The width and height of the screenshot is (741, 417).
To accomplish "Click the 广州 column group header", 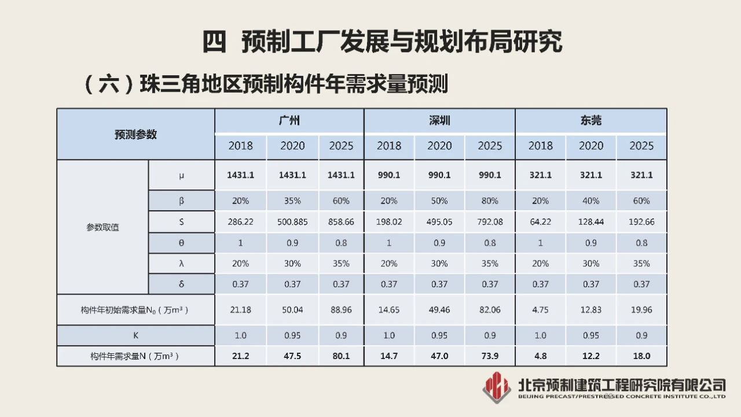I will coord(289,120).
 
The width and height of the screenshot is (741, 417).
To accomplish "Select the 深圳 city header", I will coord(439,120).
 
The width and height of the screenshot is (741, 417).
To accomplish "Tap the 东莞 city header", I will coord(590,120).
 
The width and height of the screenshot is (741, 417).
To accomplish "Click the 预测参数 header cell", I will coord(135,134).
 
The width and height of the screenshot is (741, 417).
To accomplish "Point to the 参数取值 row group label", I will coord(102,227).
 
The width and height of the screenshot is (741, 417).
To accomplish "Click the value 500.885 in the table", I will coord(292,222).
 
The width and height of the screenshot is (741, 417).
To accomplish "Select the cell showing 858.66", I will coord(341,222).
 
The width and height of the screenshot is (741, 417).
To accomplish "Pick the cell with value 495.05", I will coord(439,222).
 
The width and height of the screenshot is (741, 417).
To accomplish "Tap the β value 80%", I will coord(490,201).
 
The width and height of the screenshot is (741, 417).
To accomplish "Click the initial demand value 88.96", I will coord(341,310).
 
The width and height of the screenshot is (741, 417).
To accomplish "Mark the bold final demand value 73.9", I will coord(490,356).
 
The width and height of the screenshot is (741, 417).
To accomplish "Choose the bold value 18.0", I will coord(641,356).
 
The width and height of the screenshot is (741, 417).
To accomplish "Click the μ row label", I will coord(182,175).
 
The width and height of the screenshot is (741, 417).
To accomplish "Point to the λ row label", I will coord(182,264).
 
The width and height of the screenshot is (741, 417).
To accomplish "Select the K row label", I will coord(135,335).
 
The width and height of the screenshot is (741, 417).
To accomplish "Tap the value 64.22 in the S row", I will coord(540,222).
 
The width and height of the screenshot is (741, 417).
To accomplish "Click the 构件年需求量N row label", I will coord(135,356).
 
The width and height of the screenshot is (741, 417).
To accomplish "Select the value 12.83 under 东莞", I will coord(590,310).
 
